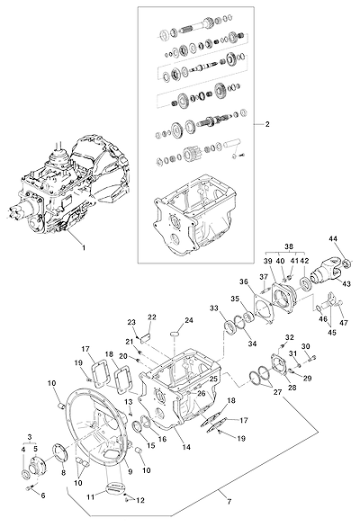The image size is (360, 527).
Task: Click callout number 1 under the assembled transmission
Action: tap(84, 248)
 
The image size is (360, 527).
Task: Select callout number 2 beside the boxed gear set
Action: tap(267, 124)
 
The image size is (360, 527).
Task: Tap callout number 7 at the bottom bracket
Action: tap(229, 502)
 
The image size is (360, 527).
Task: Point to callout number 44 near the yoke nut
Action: tap(333, 239)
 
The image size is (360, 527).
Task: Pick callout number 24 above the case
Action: tap(189, 320)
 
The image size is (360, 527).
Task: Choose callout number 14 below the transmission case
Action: tap(186, 447)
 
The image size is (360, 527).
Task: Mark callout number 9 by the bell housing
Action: tap(130, 472)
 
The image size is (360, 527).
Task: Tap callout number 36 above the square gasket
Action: tap(244, 281)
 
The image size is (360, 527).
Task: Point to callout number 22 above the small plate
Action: tap(152, 317)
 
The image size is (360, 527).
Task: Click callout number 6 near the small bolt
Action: tap(43, 495)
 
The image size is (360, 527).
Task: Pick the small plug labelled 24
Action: tap(175, 333)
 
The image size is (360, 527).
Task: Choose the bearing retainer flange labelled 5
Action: tap(36, 466)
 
